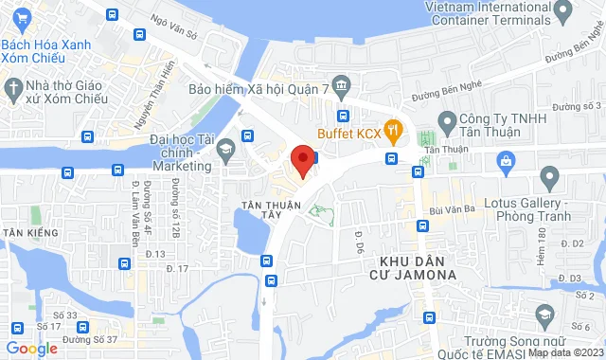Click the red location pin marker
[x=302, y=158]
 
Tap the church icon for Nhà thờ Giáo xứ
[x=13, y=90]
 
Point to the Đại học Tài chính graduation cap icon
[x=227, y=150]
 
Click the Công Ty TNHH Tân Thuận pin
[x=447, y=119]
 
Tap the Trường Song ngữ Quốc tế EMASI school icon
[x=544, y=315]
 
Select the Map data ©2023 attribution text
[x=564, y=352]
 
